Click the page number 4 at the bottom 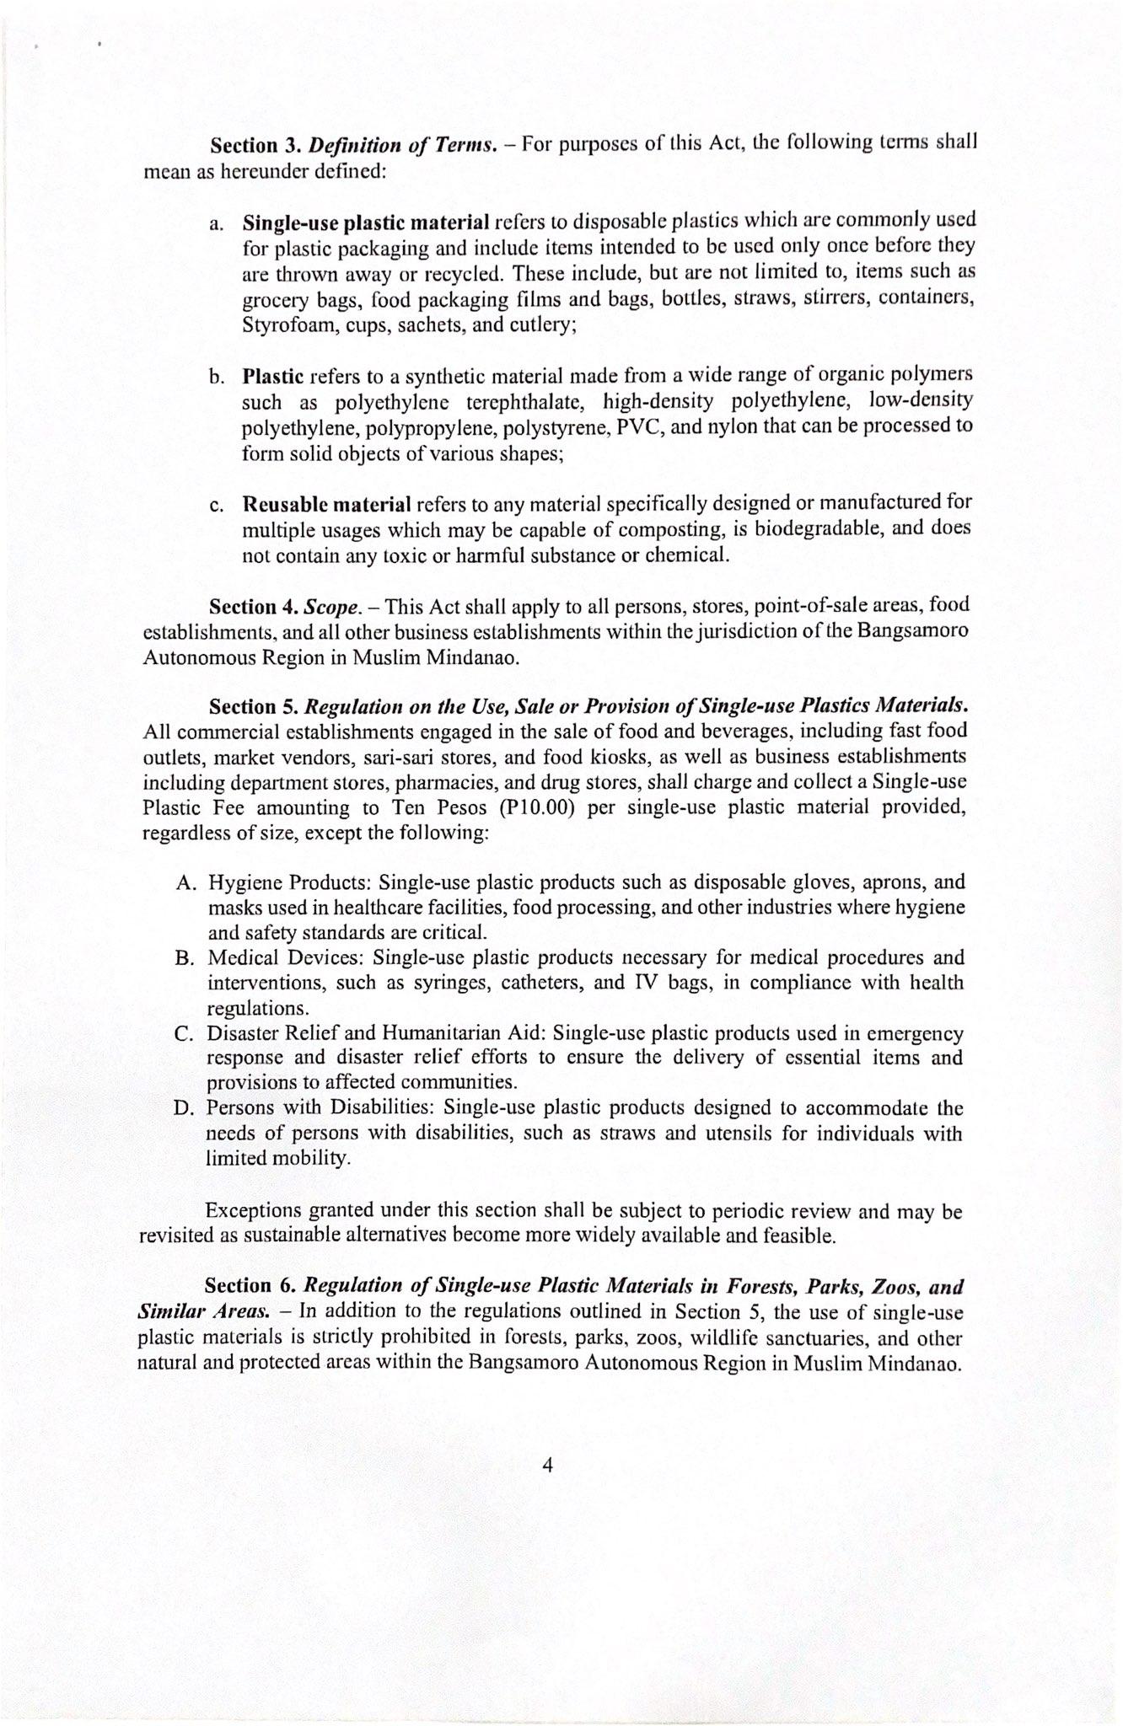547,1466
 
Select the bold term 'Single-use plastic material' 366,222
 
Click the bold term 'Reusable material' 326,504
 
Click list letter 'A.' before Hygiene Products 187,883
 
